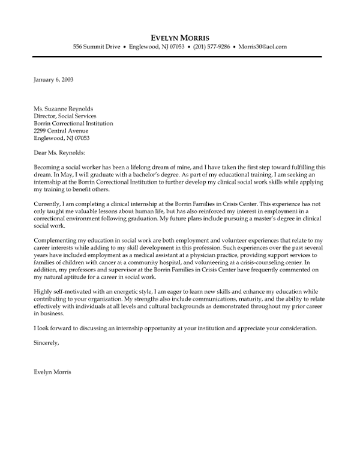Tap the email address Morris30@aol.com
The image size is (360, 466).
click(263, 46)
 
